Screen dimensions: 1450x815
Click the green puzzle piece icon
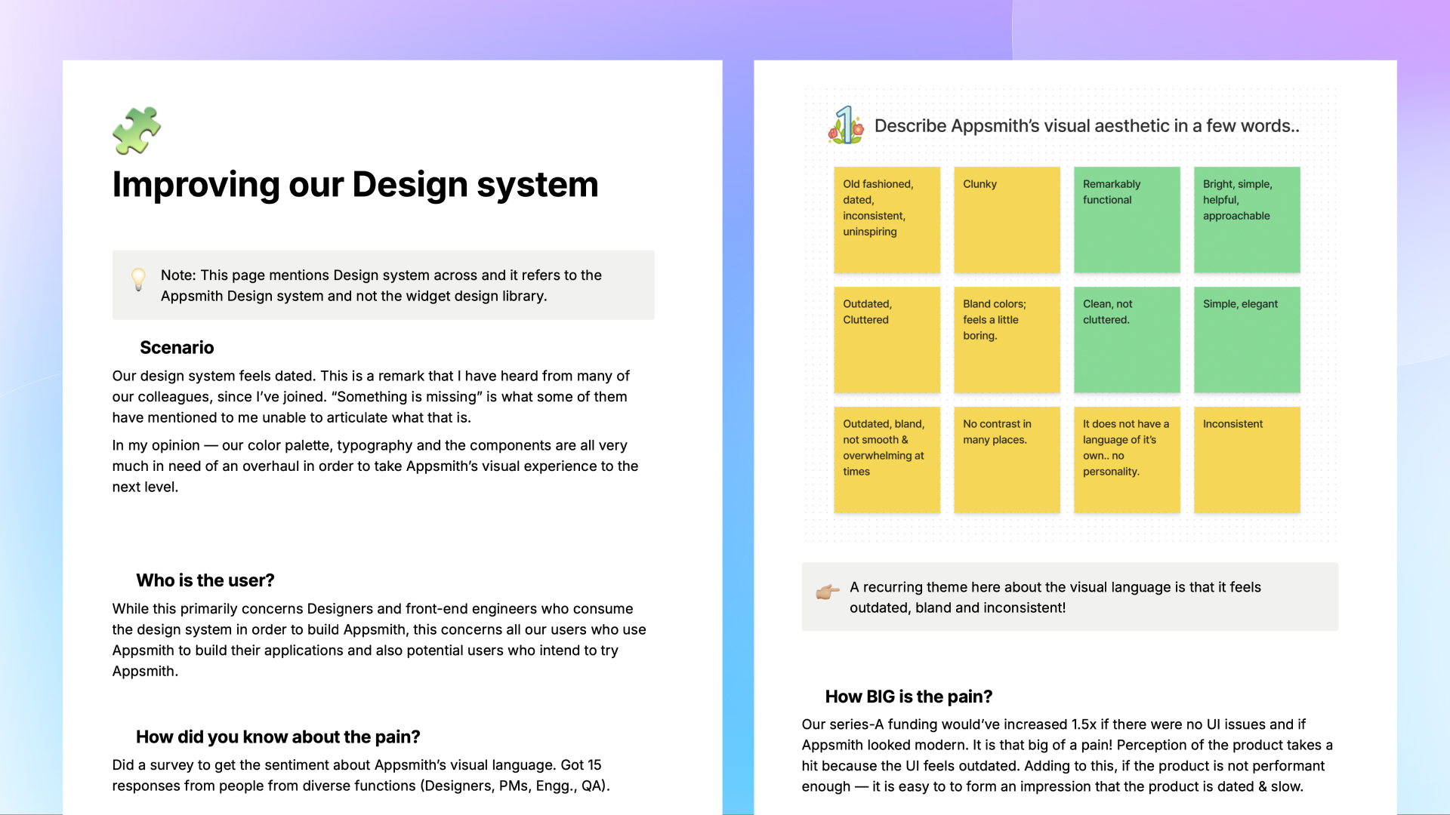click(x=137, y=131)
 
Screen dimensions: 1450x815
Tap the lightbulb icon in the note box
click(x=138, y=279)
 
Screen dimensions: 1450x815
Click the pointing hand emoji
click(x=828, y=592)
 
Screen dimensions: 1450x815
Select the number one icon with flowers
click(x=847, y=125)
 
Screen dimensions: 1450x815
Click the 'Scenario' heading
click(x=177, y=347)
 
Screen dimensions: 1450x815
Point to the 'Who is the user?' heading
click(x=205, y=580)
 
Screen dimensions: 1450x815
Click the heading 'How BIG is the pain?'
click(x=909, y=697)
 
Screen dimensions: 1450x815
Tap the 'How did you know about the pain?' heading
click(x=278, y=737)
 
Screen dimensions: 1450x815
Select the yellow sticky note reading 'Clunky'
click(x=1007, y=220)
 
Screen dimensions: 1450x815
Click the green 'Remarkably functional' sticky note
click(x=1127, y=220)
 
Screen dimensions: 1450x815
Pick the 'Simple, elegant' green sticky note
click(x=1247, y=340)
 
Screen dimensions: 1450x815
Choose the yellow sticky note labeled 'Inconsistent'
click(x=1247, y=460)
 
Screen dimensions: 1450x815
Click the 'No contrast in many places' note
click(x=1007, y=460)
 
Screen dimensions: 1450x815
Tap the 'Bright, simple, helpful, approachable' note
click(x=1247, y=220)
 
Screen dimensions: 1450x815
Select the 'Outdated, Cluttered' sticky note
click(x=887, y=340)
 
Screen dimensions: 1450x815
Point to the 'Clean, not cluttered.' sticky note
click(x=1127, y=340)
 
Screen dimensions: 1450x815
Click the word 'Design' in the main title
click(x=410, y=186)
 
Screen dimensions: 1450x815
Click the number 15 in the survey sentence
click(x=594, y=765)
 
